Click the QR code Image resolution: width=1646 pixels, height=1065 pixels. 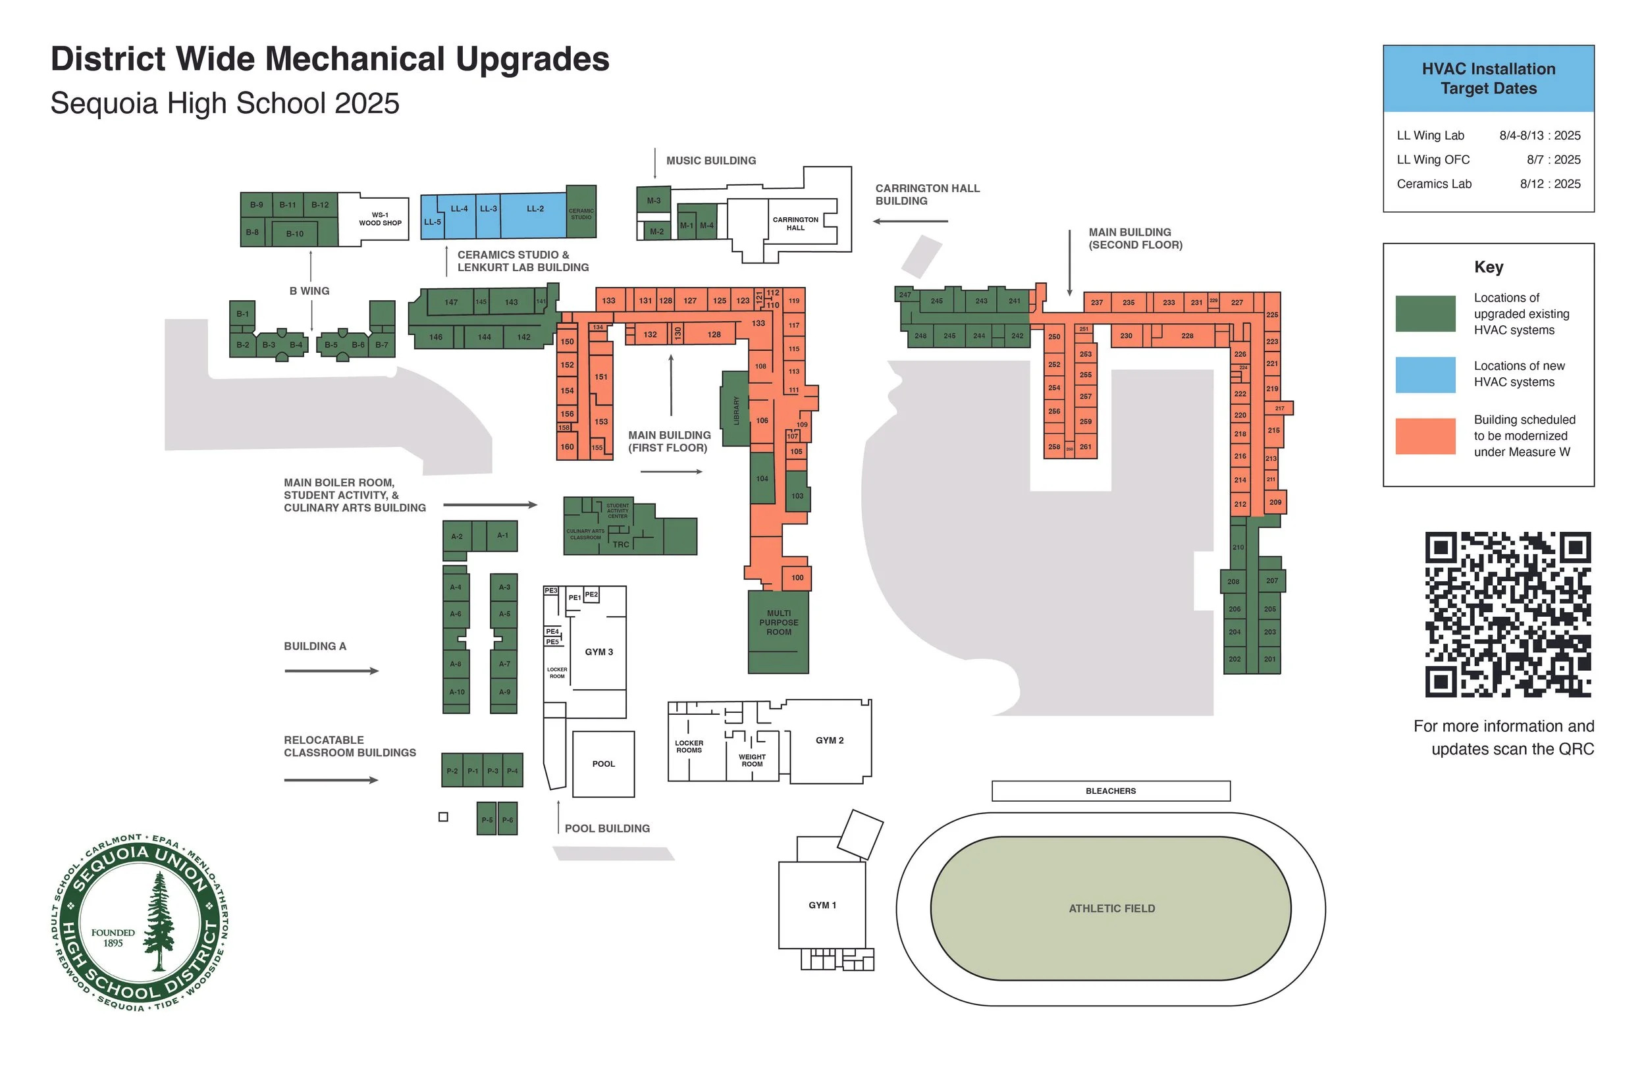pyautogui.click(x=1508, y=614)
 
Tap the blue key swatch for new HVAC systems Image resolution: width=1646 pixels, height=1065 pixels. pyautogui.click(x=1425, y=375)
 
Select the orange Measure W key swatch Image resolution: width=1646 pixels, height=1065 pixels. pyautogui.click(x=1425, y=436)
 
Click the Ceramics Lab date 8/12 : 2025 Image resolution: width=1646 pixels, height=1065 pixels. pyautogui.click(x=1550, y=184)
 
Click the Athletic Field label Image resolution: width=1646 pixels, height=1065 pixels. pyautogui.click(x=1111, y=909)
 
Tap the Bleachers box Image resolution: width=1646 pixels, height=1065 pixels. pyautogui.click(x=1111, y=791)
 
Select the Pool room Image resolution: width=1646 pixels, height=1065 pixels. pyautogui.click(x=603, y=764)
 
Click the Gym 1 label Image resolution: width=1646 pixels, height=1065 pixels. pyautogui.click(x=822, y=905)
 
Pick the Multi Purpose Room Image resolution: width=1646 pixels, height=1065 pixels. pyautogui.click(x=779, y=631)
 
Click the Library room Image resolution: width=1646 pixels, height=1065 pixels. pyautogui.click(x=736, y=409)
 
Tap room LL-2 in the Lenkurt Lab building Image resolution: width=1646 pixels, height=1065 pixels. pyautogui.click(x=535, y=209)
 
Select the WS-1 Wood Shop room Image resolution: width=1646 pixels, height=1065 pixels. pyautogui.click(x=380, y=219)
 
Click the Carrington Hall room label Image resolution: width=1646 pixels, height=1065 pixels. pyautogui.click(x=795, y=223)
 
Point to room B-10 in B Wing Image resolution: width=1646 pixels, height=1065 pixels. pyautogui.click(x=294, y=234)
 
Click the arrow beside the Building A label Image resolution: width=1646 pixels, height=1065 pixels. pyautogui.click(x=331, y=671)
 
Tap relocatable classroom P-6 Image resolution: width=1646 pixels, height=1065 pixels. pyautogui.click(x=508, y=819)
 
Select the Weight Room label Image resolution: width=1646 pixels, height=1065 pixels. pyautogui.click(x=752, y=760)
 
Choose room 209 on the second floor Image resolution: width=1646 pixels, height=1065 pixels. pyautogui.click(x=1275, y=502)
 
